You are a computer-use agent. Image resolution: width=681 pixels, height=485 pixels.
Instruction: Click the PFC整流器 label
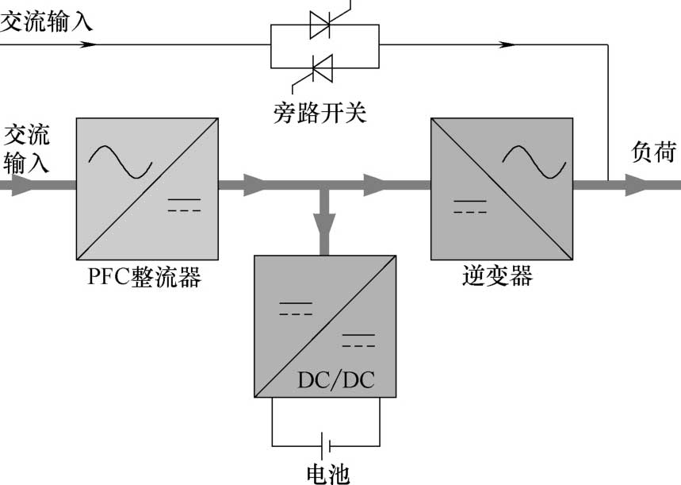tap(145, 279)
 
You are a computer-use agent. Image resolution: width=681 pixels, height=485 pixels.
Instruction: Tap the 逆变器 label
tap(497, 277)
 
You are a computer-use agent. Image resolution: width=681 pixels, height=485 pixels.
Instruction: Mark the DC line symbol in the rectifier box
tap(184, 206)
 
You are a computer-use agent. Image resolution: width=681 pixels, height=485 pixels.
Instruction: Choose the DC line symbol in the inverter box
tap(469, 207)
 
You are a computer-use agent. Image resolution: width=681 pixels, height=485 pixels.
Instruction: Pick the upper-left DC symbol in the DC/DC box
tap(295, 309)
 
